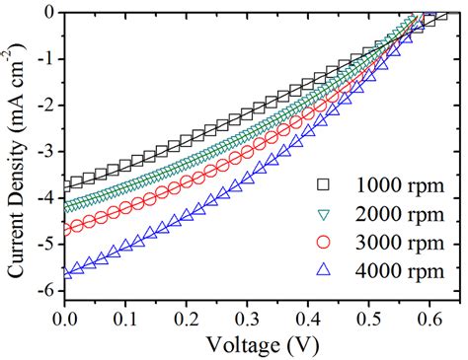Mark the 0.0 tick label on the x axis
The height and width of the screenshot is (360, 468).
(x=64, y=320)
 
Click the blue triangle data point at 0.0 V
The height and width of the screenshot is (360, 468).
(x=65, y=275)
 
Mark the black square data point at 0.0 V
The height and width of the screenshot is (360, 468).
(x=65, y=184)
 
